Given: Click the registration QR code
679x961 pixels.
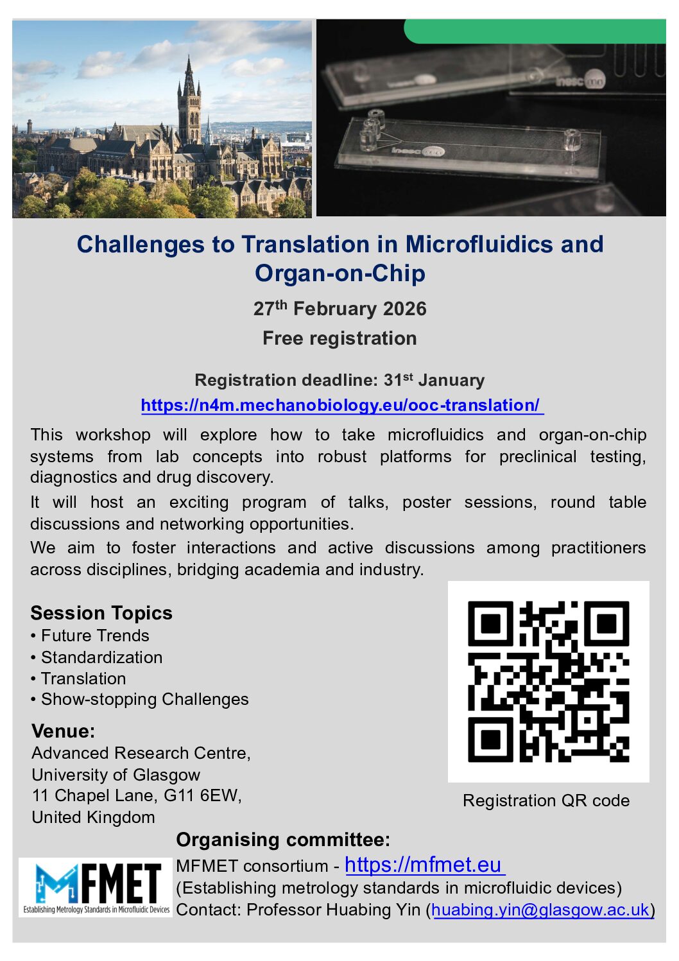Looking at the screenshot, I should pyautogui.click(x=548, y=681).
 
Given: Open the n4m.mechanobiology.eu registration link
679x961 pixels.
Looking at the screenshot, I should pyautogui.click(x=341, y=406).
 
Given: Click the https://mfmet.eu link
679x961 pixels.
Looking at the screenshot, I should pyautogui.click(x=424, y=865).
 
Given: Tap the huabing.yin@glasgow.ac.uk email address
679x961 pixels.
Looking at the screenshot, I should pyautogui.click(x=540, y=910).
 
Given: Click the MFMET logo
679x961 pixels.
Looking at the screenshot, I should pyautogui.click(x=96, y=887).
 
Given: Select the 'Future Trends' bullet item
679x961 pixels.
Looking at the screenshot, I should pyautogui.click(x=95, y=636).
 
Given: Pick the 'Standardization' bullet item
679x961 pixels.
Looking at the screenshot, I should pyautogui.click(x=101, y=657).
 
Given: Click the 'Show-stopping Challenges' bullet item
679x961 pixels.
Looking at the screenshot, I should pyautogui.click(x=144, y=699).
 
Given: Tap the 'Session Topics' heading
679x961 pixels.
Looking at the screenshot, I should pyautogui.click(x=101, y=613).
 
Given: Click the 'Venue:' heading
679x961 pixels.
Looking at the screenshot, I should pyautogui.click(x=63, y=731).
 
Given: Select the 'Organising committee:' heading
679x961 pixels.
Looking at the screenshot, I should pyautogui.click(x=283, y=840).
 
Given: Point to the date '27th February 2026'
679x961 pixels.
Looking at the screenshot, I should pyautogui.click(x=339, y=309).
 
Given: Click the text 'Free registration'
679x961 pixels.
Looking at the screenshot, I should pyautogui.click(x=339, y=338).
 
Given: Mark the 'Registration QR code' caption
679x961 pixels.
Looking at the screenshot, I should pyautogui.click(x=546, y=801).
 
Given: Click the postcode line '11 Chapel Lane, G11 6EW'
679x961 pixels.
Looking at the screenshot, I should pyautogui.click(x=137, y=796).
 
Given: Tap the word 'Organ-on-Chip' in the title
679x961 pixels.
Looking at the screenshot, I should pyautogui.click(x=340, y=273).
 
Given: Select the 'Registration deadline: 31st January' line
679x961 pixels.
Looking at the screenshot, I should pyautogui.click(x=339, y=380).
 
